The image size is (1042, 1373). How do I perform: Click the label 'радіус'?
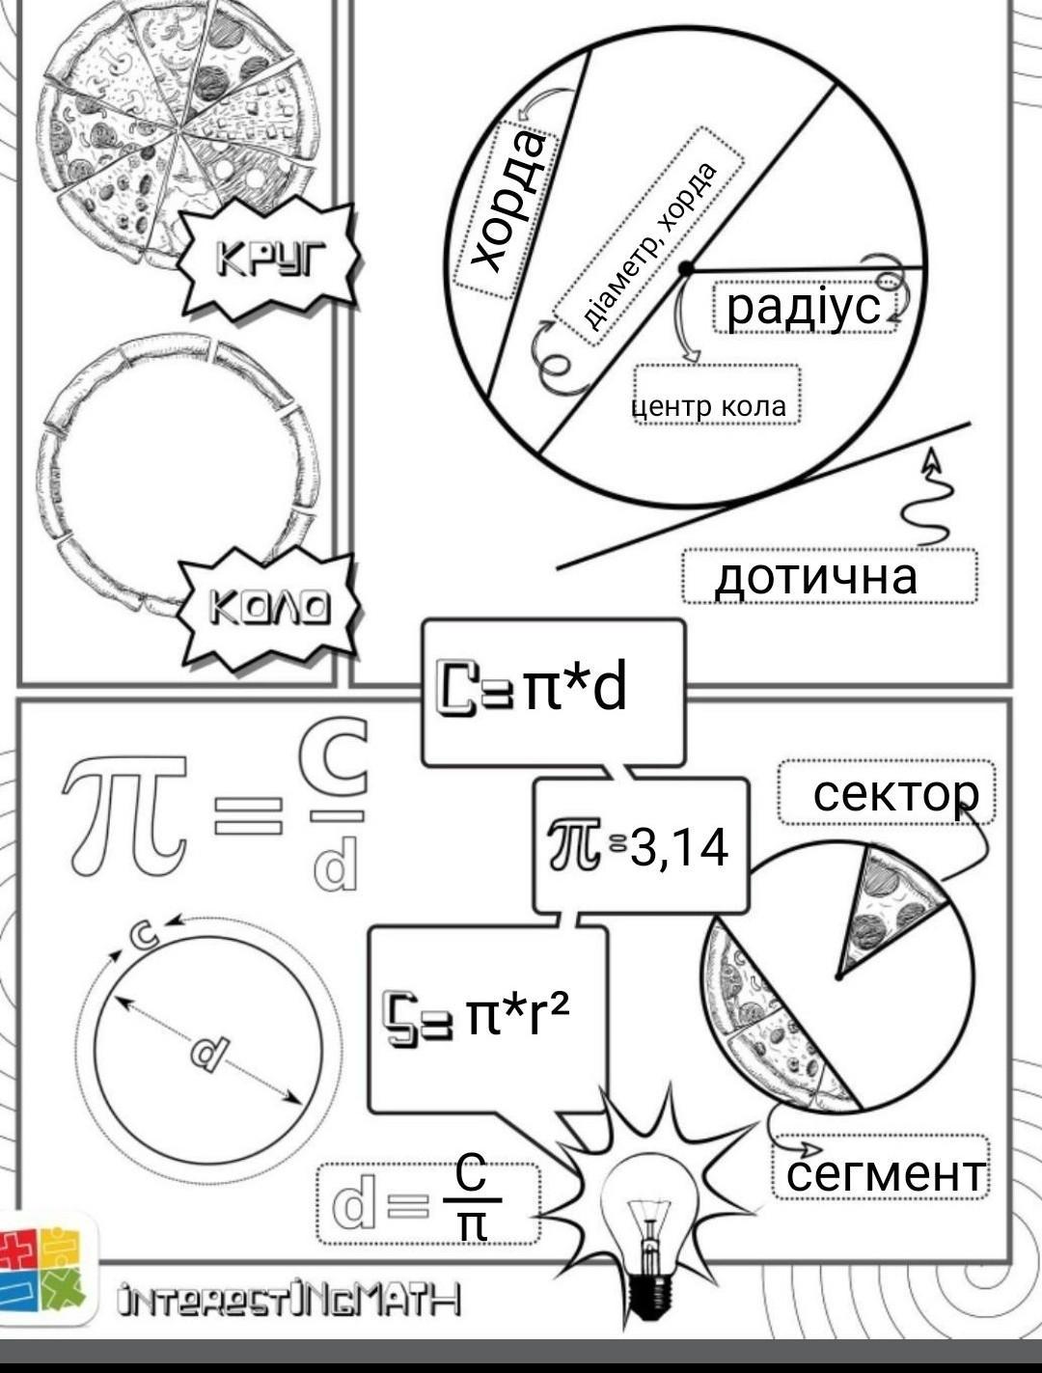point(804,306)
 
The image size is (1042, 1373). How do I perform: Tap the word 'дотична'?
point(816,576)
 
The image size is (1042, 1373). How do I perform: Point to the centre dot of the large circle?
point(684,267)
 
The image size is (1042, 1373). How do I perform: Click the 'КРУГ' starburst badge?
point(272,259)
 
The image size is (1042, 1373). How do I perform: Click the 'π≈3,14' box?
point(640,846)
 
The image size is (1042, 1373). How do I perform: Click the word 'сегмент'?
point(885,1173)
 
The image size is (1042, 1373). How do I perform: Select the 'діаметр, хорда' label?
point(649,246)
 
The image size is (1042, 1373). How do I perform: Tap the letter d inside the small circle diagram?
point(207,1052)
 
